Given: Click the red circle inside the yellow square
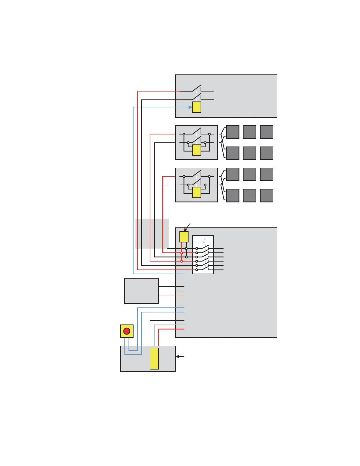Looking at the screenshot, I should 127,331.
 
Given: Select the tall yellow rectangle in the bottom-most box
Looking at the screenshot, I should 154,358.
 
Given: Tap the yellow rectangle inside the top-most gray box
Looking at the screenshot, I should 196,107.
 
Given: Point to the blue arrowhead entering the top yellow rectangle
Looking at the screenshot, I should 190,107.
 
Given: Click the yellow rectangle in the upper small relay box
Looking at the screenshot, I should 196,150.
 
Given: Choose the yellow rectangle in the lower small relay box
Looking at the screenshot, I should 196,192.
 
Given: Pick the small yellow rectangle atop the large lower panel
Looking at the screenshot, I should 184,237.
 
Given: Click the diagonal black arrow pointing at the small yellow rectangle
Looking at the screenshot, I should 187,227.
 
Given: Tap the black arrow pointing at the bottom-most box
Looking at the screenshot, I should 179,357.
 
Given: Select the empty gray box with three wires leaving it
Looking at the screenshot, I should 141,291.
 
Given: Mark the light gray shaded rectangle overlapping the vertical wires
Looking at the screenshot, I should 152,234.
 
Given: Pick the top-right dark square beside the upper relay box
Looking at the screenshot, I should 266,132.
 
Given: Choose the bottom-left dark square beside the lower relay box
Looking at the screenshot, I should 233,196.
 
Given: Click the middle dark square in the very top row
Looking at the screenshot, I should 249,132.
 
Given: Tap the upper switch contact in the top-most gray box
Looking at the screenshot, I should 196,88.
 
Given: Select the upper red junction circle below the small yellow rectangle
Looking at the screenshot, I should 181,253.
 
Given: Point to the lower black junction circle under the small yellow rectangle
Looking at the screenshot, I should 186,257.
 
